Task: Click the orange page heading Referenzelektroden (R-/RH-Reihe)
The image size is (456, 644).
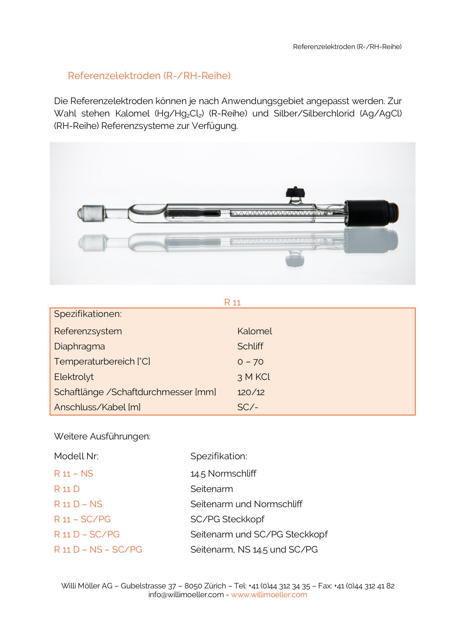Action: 149,76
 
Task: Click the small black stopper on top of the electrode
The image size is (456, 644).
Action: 295,192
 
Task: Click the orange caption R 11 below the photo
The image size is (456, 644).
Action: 232,302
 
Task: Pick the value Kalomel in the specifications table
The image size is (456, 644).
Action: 254,331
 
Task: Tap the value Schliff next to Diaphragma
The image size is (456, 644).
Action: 250,346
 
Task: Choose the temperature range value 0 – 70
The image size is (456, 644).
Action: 250,362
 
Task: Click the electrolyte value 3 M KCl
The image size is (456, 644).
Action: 253,377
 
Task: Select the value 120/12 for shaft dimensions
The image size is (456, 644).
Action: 251,392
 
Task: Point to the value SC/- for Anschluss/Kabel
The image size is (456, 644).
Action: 247,407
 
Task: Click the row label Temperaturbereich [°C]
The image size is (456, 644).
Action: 102,362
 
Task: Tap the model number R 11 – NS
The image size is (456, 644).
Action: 73,474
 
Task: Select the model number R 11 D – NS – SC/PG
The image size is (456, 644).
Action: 98,550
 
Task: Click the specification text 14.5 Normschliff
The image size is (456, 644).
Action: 223,474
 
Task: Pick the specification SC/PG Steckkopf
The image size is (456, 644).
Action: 227,519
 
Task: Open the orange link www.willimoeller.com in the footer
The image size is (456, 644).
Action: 269,595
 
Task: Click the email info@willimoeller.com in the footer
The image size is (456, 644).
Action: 186,595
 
